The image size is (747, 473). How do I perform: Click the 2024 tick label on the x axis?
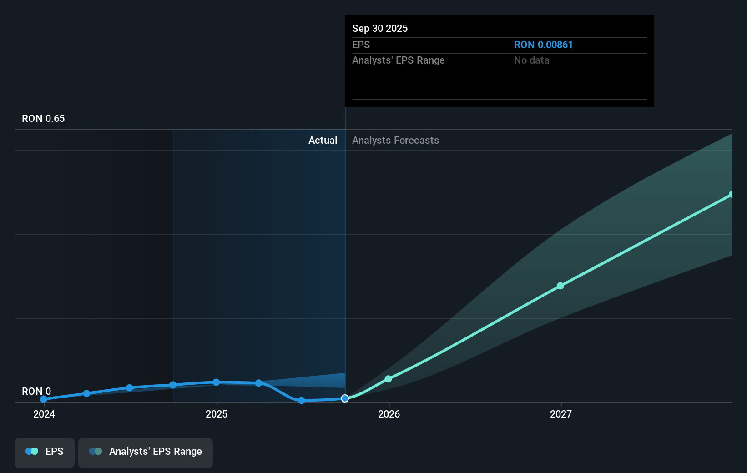[44, 414]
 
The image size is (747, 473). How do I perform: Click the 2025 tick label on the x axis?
[217, 414]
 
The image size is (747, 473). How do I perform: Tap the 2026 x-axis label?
[389, 414]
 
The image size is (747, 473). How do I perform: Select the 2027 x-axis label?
[561, 414]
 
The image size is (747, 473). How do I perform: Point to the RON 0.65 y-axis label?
[43, 119]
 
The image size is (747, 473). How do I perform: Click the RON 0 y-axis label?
[36, 391]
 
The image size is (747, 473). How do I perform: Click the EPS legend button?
[45, 452]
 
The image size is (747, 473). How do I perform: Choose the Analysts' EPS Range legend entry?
[146, 452]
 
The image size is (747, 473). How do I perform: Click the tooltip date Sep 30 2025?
[380, 29]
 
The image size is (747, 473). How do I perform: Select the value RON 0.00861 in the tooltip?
[543, 45]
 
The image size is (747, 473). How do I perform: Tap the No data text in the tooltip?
[531, 60]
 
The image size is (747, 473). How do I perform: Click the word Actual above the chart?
[323, 141]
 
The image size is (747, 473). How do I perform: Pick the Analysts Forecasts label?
[395, 141]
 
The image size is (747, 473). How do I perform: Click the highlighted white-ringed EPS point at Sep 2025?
[345, 398]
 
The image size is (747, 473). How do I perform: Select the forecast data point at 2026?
[388, 379]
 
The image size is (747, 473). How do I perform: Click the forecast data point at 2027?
[560, 286]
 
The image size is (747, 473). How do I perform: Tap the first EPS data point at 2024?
[44, 399]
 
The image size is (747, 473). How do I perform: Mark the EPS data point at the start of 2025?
[216, 382]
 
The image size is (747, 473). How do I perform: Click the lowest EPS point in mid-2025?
[301, 400]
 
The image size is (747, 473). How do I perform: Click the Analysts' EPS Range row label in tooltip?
[399, 60]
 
